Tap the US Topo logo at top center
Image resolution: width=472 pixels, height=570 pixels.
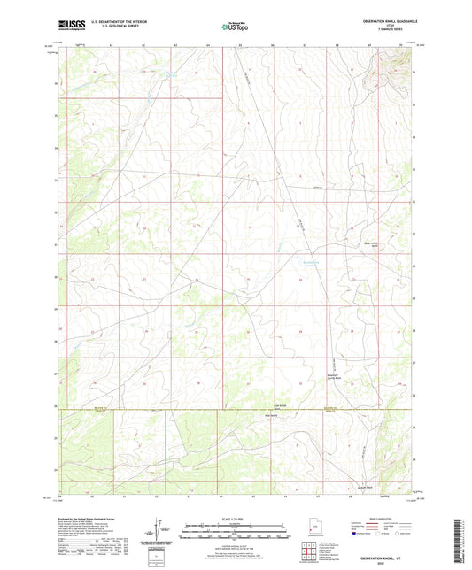(x=235, y=27)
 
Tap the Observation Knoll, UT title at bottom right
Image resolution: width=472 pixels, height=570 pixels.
(x=390, y=551)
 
